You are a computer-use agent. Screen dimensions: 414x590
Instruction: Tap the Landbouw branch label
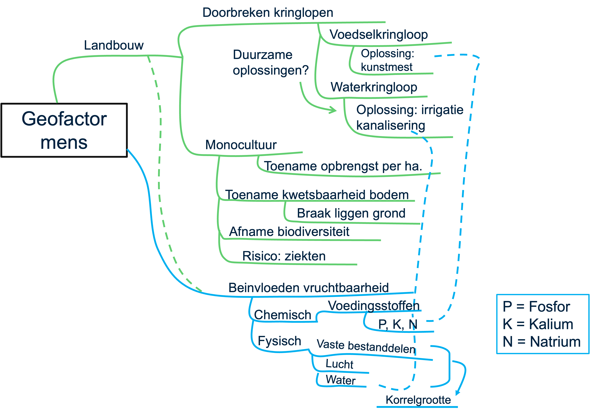(x=114, y=46)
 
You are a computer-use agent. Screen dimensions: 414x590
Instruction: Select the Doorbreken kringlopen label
(x=268, y=13)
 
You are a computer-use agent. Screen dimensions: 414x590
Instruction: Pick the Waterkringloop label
(x=374, y=87)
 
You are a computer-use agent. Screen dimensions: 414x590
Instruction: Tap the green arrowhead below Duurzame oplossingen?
(x=334, y=110)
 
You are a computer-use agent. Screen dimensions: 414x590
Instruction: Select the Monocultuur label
(x=241, y=145)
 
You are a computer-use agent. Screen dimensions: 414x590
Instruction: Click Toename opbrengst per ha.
(x=343, y=166)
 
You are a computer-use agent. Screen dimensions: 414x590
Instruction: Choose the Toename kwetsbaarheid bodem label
(x=317, y=195)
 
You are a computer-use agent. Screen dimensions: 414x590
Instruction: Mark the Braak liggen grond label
(x=351, y=213)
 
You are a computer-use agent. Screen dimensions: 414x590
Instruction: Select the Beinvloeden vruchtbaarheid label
(x=308, y=288)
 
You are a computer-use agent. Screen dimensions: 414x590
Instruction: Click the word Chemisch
(x=282, y=315)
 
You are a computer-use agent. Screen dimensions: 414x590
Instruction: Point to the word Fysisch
(x=279, y=341)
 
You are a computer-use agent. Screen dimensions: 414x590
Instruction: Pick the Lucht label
(x=339, y=364)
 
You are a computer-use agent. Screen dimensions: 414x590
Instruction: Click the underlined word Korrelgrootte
(x=418, y=400)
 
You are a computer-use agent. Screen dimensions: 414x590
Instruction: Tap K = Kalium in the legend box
(x=538, y=324)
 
